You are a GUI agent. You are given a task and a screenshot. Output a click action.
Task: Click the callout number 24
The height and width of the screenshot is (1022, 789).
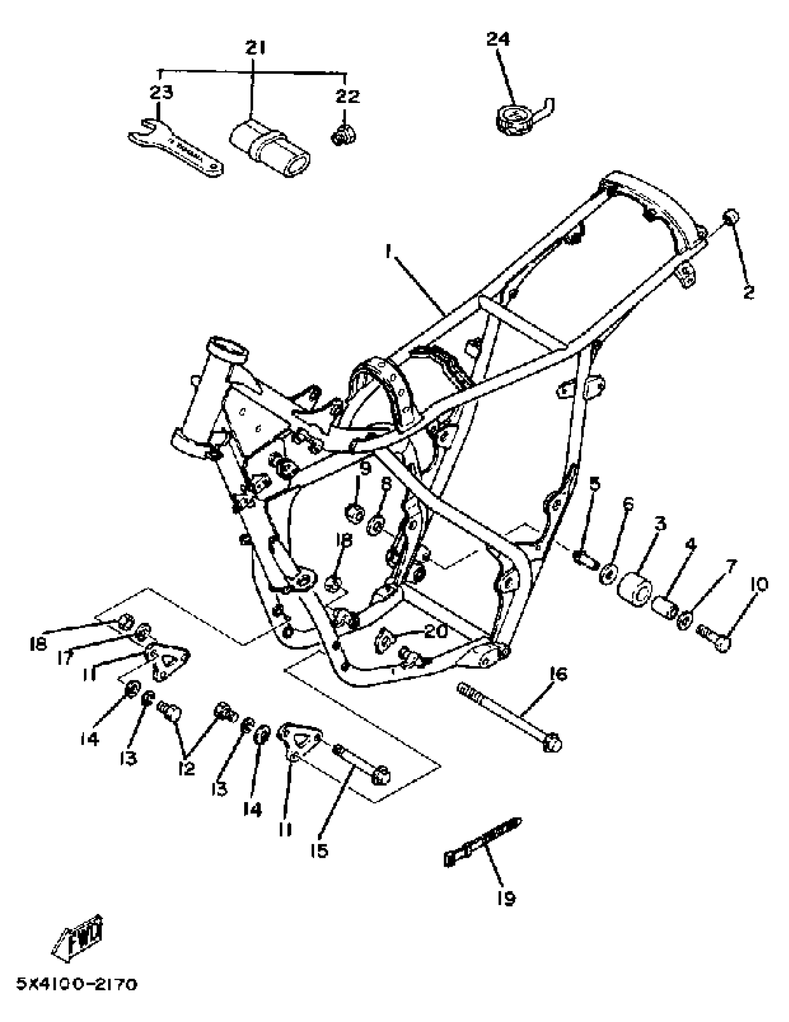(497, 39)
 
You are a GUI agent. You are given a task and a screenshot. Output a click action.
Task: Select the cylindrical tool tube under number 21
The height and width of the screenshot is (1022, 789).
(269, 147)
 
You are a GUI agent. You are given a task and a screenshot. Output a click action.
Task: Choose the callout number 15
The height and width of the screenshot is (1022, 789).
(319, 851)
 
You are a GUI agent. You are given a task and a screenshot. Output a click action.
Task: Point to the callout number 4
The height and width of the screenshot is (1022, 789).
(690, 545)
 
